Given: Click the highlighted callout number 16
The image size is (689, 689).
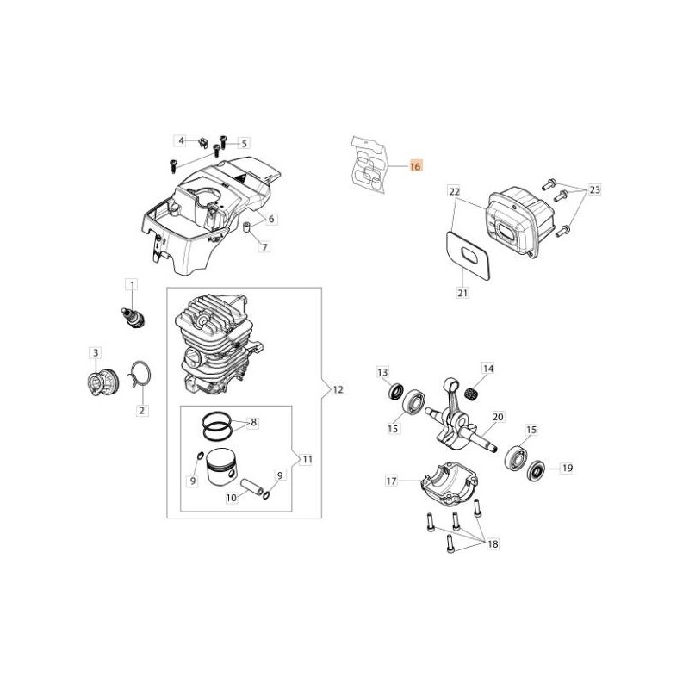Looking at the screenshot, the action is [x=415, y=166].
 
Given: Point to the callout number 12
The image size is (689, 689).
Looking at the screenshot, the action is [x=338, y=389].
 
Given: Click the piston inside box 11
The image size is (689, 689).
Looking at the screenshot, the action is [x=221, y=466].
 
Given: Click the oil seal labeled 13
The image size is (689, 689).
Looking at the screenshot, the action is [x=397, y=391].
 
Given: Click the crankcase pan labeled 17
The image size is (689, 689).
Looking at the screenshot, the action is [x=449, y=481].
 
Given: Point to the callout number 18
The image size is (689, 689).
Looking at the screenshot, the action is [x=493, y=544].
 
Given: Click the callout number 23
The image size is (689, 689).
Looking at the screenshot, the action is [x=594, y=189].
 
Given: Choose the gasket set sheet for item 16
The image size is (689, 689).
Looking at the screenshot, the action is [x=369, y=164].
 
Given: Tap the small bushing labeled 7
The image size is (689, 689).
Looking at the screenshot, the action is [x=247, y=228].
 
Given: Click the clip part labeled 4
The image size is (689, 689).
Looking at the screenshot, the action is [x=202, y=142].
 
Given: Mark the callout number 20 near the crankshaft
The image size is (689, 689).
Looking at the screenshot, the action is [x=499, y=416].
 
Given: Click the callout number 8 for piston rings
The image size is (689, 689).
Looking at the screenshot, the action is [x=253, y=422].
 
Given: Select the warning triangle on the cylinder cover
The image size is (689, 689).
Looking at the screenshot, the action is [x=242, y=179].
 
